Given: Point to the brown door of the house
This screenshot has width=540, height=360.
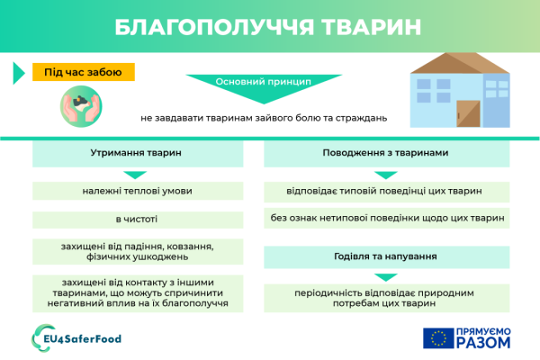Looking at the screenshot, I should (x=468, y=114).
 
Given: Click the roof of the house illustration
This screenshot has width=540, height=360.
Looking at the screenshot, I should (x=454, y=64).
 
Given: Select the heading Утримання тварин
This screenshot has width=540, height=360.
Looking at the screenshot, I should (x=136, y=153).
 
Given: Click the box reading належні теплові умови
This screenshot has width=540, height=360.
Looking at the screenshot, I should (x=136, y=191).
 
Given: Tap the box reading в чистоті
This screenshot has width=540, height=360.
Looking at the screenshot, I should (x=136, y=219).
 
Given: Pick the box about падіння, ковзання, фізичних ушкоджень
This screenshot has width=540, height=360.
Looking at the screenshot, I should (x=136, y=251).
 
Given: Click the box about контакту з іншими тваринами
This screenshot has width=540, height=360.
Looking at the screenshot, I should (x=136, y=292).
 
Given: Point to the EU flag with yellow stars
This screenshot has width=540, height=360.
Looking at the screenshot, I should (x=438, y=338).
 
